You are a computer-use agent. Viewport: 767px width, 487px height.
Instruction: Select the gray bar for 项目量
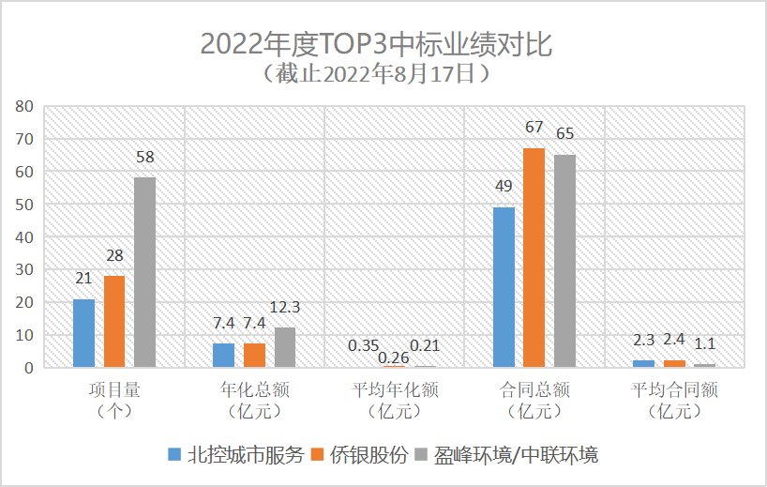[x=144, y=272]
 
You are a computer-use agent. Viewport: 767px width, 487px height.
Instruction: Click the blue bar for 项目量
[x=83, y=333]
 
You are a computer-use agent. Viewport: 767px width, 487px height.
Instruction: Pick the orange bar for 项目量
[x=114, y=321]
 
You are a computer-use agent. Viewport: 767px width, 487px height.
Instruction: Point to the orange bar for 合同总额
[x=534, y=257]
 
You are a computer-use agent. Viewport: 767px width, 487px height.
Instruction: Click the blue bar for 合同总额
[x=504, y=287]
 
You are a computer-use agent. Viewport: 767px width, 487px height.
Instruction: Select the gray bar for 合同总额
[x=564, y=261]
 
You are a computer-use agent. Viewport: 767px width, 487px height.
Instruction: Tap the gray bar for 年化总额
[x=285, y=347]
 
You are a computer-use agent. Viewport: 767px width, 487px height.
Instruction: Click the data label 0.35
[x=364, y=346]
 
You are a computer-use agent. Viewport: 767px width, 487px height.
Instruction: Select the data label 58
[x=144, y=157]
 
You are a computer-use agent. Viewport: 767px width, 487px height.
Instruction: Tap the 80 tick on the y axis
[x=24, y=106]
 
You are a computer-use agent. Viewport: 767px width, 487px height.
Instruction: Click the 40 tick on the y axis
[x=24, y=237]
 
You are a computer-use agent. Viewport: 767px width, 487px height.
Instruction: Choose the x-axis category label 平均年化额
[x=394, y=389]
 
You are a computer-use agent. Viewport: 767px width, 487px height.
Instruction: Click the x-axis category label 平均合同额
[x=674, y=389]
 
